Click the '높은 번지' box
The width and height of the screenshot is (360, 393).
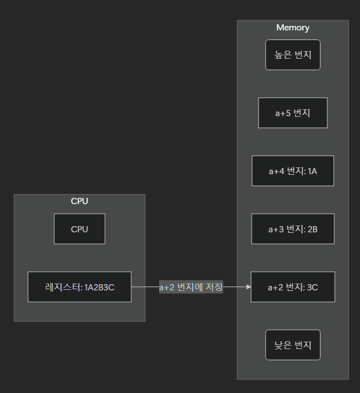293,55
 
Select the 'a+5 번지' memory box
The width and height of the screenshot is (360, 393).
293,113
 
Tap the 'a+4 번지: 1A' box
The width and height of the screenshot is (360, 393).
293,171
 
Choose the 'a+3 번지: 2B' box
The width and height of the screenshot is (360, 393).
293,229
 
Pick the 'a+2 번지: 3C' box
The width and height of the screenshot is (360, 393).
293,287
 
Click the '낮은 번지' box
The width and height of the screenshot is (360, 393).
293,345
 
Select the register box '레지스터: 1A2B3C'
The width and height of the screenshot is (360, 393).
80,287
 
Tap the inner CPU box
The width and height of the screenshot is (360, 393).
80,229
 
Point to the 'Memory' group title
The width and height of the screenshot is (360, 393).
293,28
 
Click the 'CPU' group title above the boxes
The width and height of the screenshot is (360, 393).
80,201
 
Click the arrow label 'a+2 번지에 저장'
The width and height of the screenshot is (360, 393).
191,287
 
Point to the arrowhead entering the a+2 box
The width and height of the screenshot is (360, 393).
248,287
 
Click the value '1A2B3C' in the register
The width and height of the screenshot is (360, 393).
99,287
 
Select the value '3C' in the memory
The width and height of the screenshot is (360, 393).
312,287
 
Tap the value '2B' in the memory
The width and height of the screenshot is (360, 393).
312,229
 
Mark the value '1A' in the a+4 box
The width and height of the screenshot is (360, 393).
312,171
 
